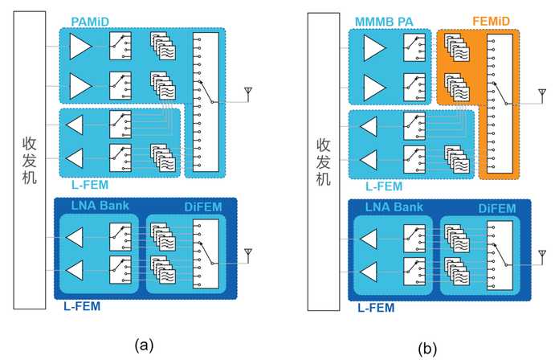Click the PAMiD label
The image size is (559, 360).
coord(90,22)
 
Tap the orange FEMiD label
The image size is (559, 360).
coord(491,21)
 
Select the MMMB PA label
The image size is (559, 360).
coord(384,22)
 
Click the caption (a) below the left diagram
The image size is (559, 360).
coord(144,345)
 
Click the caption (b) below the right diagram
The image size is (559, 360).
coord(427,348)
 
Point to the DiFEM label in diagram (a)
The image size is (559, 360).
coord(203,207)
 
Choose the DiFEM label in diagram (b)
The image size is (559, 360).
coord(497,208)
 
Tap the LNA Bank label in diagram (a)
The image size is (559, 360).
coord(100,206)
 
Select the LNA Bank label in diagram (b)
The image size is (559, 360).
coord(394,207)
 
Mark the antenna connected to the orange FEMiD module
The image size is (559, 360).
coord(542,96)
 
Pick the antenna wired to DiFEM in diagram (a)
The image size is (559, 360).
coord(248,256)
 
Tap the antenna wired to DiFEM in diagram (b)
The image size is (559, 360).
coord(542,257)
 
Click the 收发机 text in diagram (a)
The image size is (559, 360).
coord(30,160)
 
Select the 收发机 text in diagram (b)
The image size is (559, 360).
coord(324,162)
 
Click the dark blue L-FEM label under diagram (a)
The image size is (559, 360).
coord(82,306)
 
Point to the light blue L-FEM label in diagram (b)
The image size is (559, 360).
coord(384,186)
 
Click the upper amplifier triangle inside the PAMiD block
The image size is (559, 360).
coord(80,47)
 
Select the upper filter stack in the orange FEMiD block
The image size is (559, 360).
coord(457,47)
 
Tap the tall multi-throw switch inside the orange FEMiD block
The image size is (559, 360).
coord(500,104)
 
